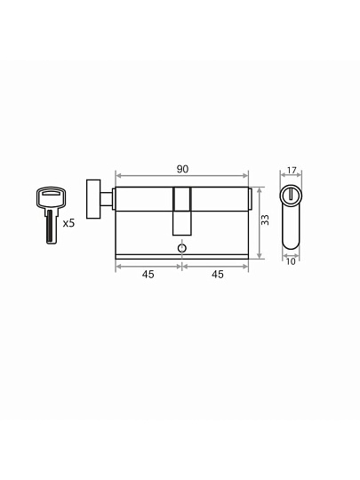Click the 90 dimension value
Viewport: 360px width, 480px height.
coord(182,169)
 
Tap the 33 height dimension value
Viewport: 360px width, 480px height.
coord(265,220)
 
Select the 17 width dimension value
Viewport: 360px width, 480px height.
coord(292,170)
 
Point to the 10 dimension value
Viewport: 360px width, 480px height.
coord(291,261)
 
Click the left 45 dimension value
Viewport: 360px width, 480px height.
coord(148,275)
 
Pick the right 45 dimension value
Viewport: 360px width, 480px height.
coord(218,275)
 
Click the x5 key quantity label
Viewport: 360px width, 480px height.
coord(68,223)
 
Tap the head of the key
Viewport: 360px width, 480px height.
coord(51,197)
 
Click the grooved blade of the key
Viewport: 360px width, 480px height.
coord(52,227)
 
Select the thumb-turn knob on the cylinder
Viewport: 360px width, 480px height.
coord(93,199)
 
